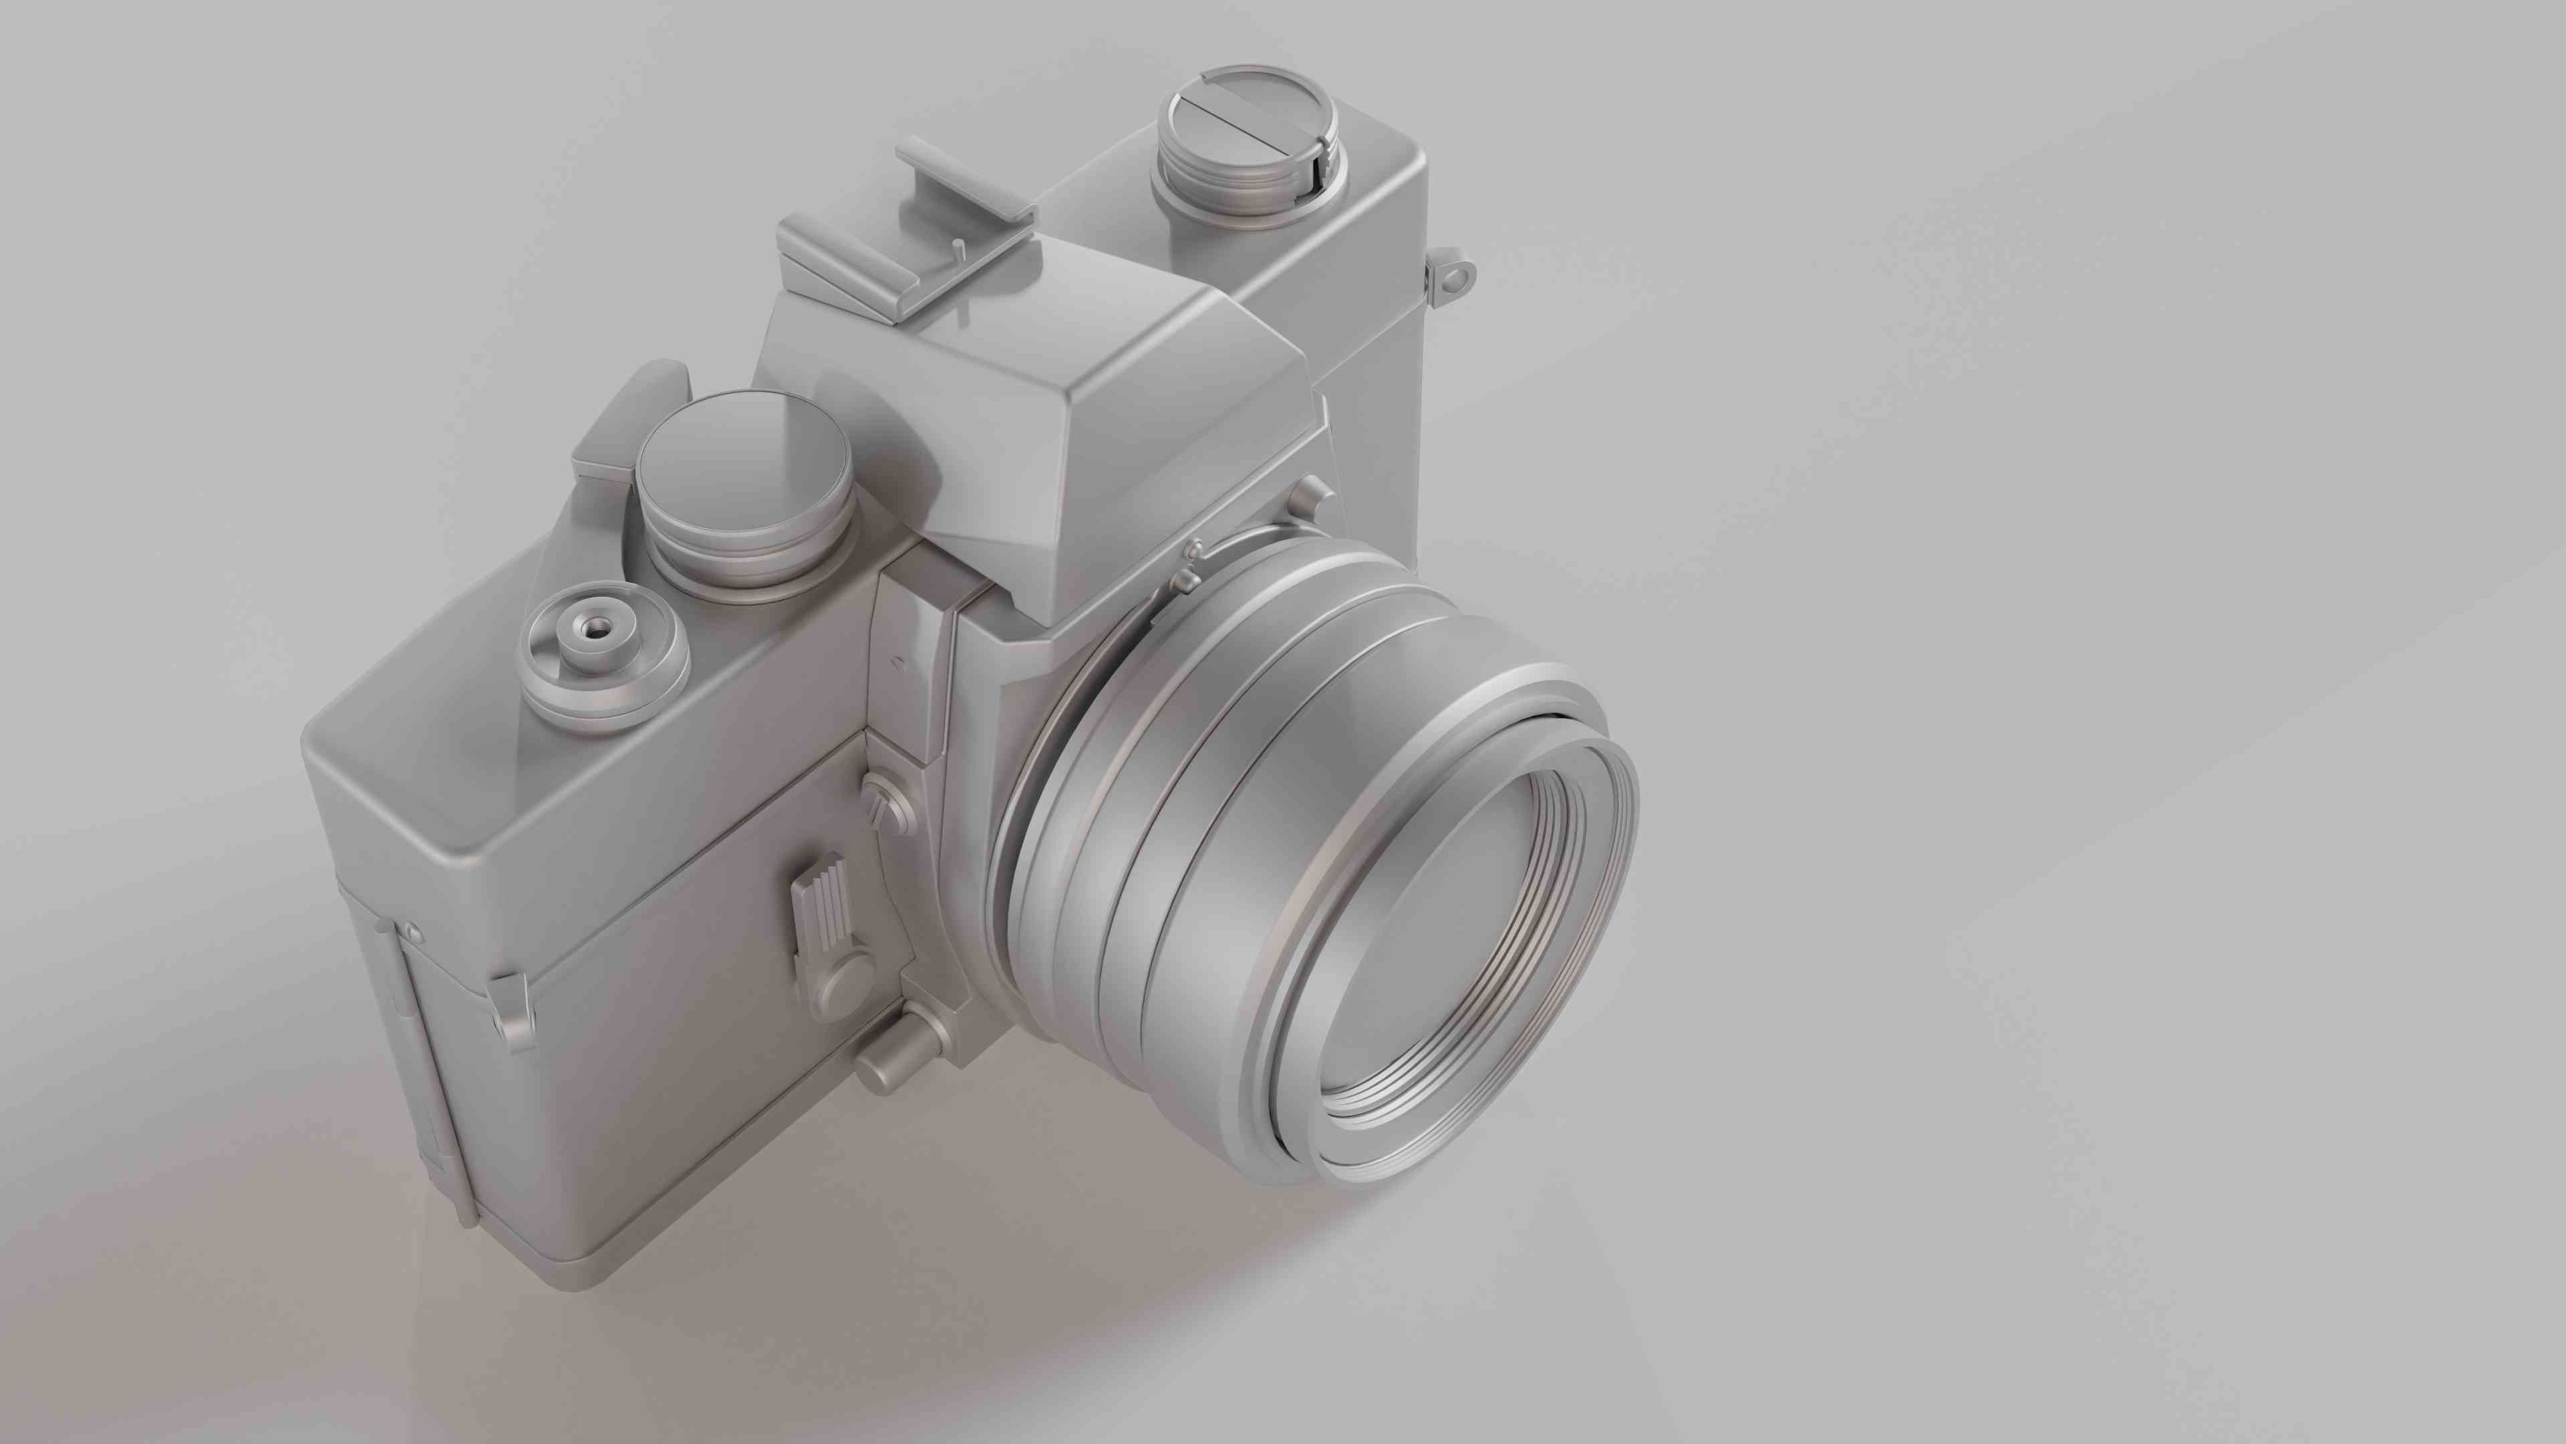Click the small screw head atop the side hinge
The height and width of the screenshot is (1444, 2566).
coord(412,933)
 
